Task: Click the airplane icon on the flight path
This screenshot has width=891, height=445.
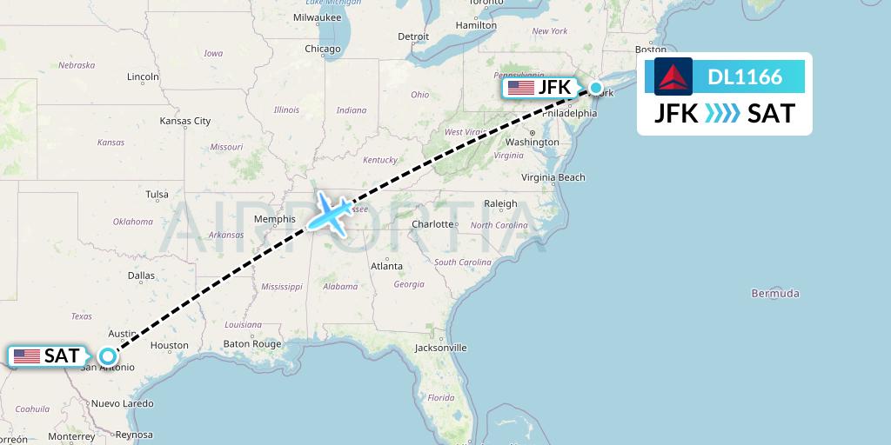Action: (329, 213)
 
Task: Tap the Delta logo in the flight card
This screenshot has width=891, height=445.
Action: (673, 76)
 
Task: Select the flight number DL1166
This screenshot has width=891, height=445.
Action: (745, 76)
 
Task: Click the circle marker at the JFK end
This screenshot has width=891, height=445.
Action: (596, 87)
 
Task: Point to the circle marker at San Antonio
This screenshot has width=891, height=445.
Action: (107, 355)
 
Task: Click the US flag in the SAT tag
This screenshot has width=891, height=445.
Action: (26, 356)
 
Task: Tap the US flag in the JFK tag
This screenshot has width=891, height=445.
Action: (520, 88)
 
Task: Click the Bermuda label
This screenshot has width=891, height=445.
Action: (774, 294)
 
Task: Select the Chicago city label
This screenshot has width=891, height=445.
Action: (323, 49)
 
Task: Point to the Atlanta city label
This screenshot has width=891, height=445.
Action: (386, 266)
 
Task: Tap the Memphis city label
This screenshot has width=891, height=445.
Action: (275, 219)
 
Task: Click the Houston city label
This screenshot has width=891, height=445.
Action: (169, 345)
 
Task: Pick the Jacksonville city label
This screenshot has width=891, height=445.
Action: (440, 348)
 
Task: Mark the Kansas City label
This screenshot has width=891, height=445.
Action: (185, 121)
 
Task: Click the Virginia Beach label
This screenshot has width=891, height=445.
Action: (553, 177)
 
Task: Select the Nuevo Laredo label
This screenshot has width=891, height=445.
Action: (123, 403)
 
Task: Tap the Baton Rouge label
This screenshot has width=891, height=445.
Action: (252, 344)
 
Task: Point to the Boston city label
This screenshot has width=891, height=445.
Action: (651, 50)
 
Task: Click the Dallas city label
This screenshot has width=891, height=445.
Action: (140, 276)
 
